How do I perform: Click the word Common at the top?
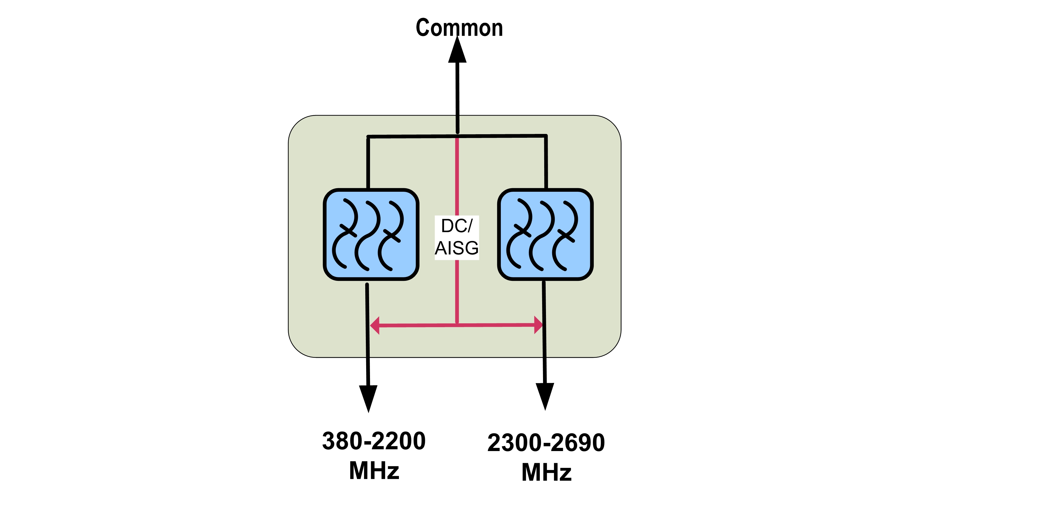coord(459,28)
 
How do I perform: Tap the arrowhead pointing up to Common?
coord(457,52)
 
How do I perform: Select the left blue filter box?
coord(371,235)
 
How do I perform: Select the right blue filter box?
coord(545,235)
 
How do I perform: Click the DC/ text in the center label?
coord(456,226)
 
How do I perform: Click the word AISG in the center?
coord(456,248)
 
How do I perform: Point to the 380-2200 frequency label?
coord(374,441)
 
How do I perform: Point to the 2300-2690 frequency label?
coord(546,443)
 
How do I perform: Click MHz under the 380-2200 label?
coord(374,471)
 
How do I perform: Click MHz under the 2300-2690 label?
coord(546,473)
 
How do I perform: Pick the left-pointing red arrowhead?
coord(375,325)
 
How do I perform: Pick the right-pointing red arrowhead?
coord(538,325)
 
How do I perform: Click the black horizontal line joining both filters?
coord(413,136)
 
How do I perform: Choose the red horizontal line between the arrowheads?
coord(417,325)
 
